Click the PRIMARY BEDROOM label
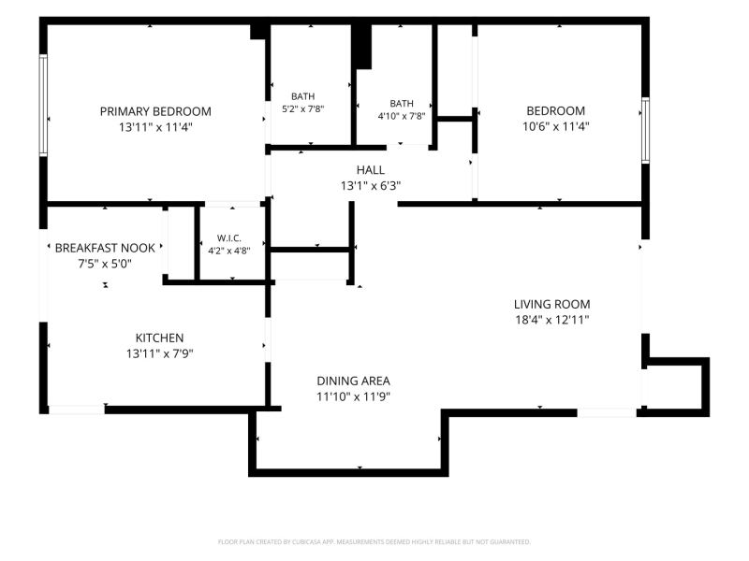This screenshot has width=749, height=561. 155,111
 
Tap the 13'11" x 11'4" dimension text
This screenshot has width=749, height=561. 155,127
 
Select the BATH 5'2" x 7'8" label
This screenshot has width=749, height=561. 302,103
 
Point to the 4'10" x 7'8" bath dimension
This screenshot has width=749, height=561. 402,116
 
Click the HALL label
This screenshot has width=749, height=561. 370,170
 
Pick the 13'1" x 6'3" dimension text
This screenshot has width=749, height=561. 370,185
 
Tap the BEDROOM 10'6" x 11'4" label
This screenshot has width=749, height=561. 555,119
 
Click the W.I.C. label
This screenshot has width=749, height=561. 228,238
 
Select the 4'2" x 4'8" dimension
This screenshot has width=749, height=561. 228,251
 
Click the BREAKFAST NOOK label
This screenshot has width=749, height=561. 105,248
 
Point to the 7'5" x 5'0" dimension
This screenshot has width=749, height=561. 105,264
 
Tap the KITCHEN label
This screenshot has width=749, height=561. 159,338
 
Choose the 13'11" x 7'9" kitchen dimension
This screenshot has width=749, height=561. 159,354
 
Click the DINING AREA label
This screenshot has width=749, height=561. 354,381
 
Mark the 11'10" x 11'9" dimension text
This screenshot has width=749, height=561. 354,396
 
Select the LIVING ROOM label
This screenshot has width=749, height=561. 551,305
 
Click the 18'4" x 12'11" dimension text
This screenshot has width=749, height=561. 551,320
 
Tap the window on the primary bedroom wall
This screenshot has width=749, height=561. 43,106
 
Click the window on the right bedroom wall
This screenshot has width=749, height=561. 645,130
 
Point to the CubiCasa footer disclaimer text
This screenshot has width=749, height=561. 374,542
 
